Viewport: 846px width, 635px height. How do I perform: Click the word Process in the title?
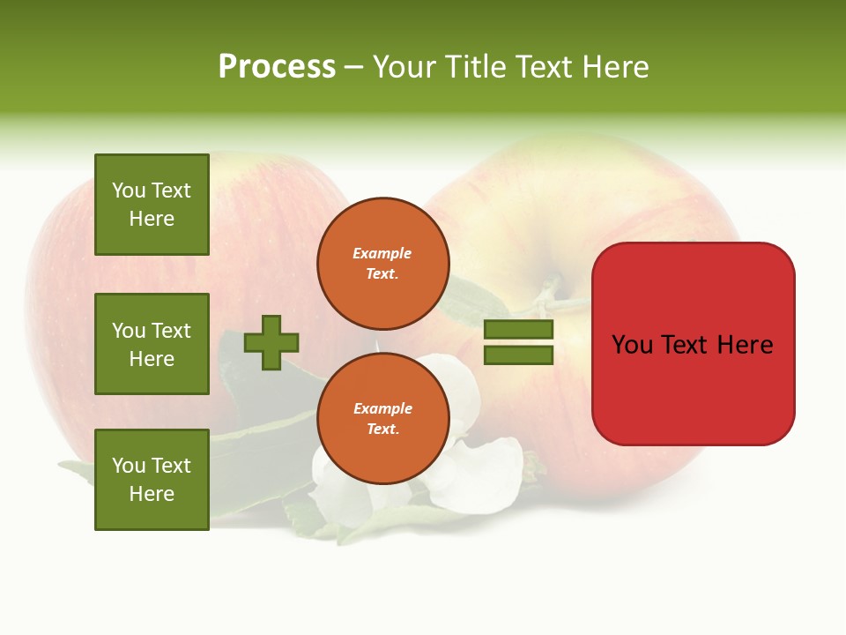(x=277, y=67)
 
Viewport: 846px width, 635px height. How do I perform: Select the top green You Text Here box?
(x=152, y=205)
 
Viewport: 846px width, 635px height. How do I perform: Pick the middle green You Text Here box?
(x=152, y=344)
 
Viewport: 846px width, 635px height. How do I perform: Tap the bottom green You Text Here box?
(x=152, y=479)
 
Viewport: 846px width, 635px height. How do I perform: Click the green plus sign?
(x=271, y=342)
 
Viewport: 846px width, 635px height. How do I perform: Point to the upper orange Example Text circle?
(x=382, y=263)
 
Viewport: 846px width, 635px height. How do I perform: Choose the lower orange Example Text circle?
(x=382, y=418)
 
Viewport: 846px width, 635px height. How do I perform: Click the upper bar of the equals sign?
(x=519, y=330)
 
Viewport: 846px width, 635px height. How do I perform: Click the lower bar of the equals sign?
(x=519, y=355)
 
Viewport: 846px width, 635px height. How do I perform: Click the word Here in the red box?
(x=745, y=345)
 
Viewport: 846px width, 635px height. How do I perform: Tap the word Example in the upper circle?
(x=382, y=253)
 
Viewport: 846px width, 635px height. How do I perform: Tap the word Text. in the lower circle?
(x=382, y=429)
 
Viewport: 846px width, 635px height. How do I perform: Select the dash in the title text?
(x=354, y=68)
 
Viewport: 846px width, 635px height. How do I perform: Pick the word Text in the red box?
(x=686, y=345)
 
